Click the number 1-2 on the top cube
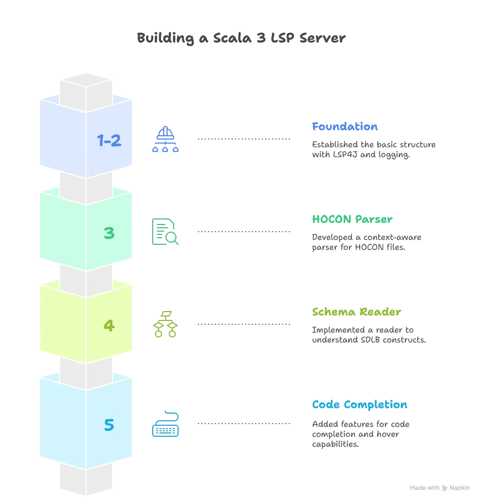(x=109, y=141)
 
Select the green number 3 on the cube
(x=109, y=233)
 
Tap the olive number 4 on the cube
(x=109, y=326)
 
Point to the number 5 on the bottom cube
(x=109, y=425)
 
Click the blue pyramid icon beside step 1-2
(x=165, y=140)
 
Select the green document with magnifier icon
(x=165, y=232)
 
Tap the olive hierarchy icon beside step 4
(x=165, y=324)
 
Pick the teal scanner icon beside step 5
(x=165, y=424)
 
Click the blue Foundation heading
(x=345, y=127)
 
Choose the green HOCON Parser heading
(x=351, y=220)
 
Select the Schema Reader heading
(x=356, y=312)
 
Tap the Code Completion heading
(x=360, y=405)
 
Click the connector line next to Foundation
(x=243, y=139)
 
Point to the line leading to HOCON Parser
(x=243, y=232)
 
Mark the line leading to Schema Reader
(x=243, y=324)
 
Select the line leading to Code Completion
(x=243, y=424)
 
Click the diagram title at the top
(x=242, y=39)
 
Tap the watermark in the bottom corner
(x=441, y=489)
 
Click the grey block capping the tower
(x=86, y=88)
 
